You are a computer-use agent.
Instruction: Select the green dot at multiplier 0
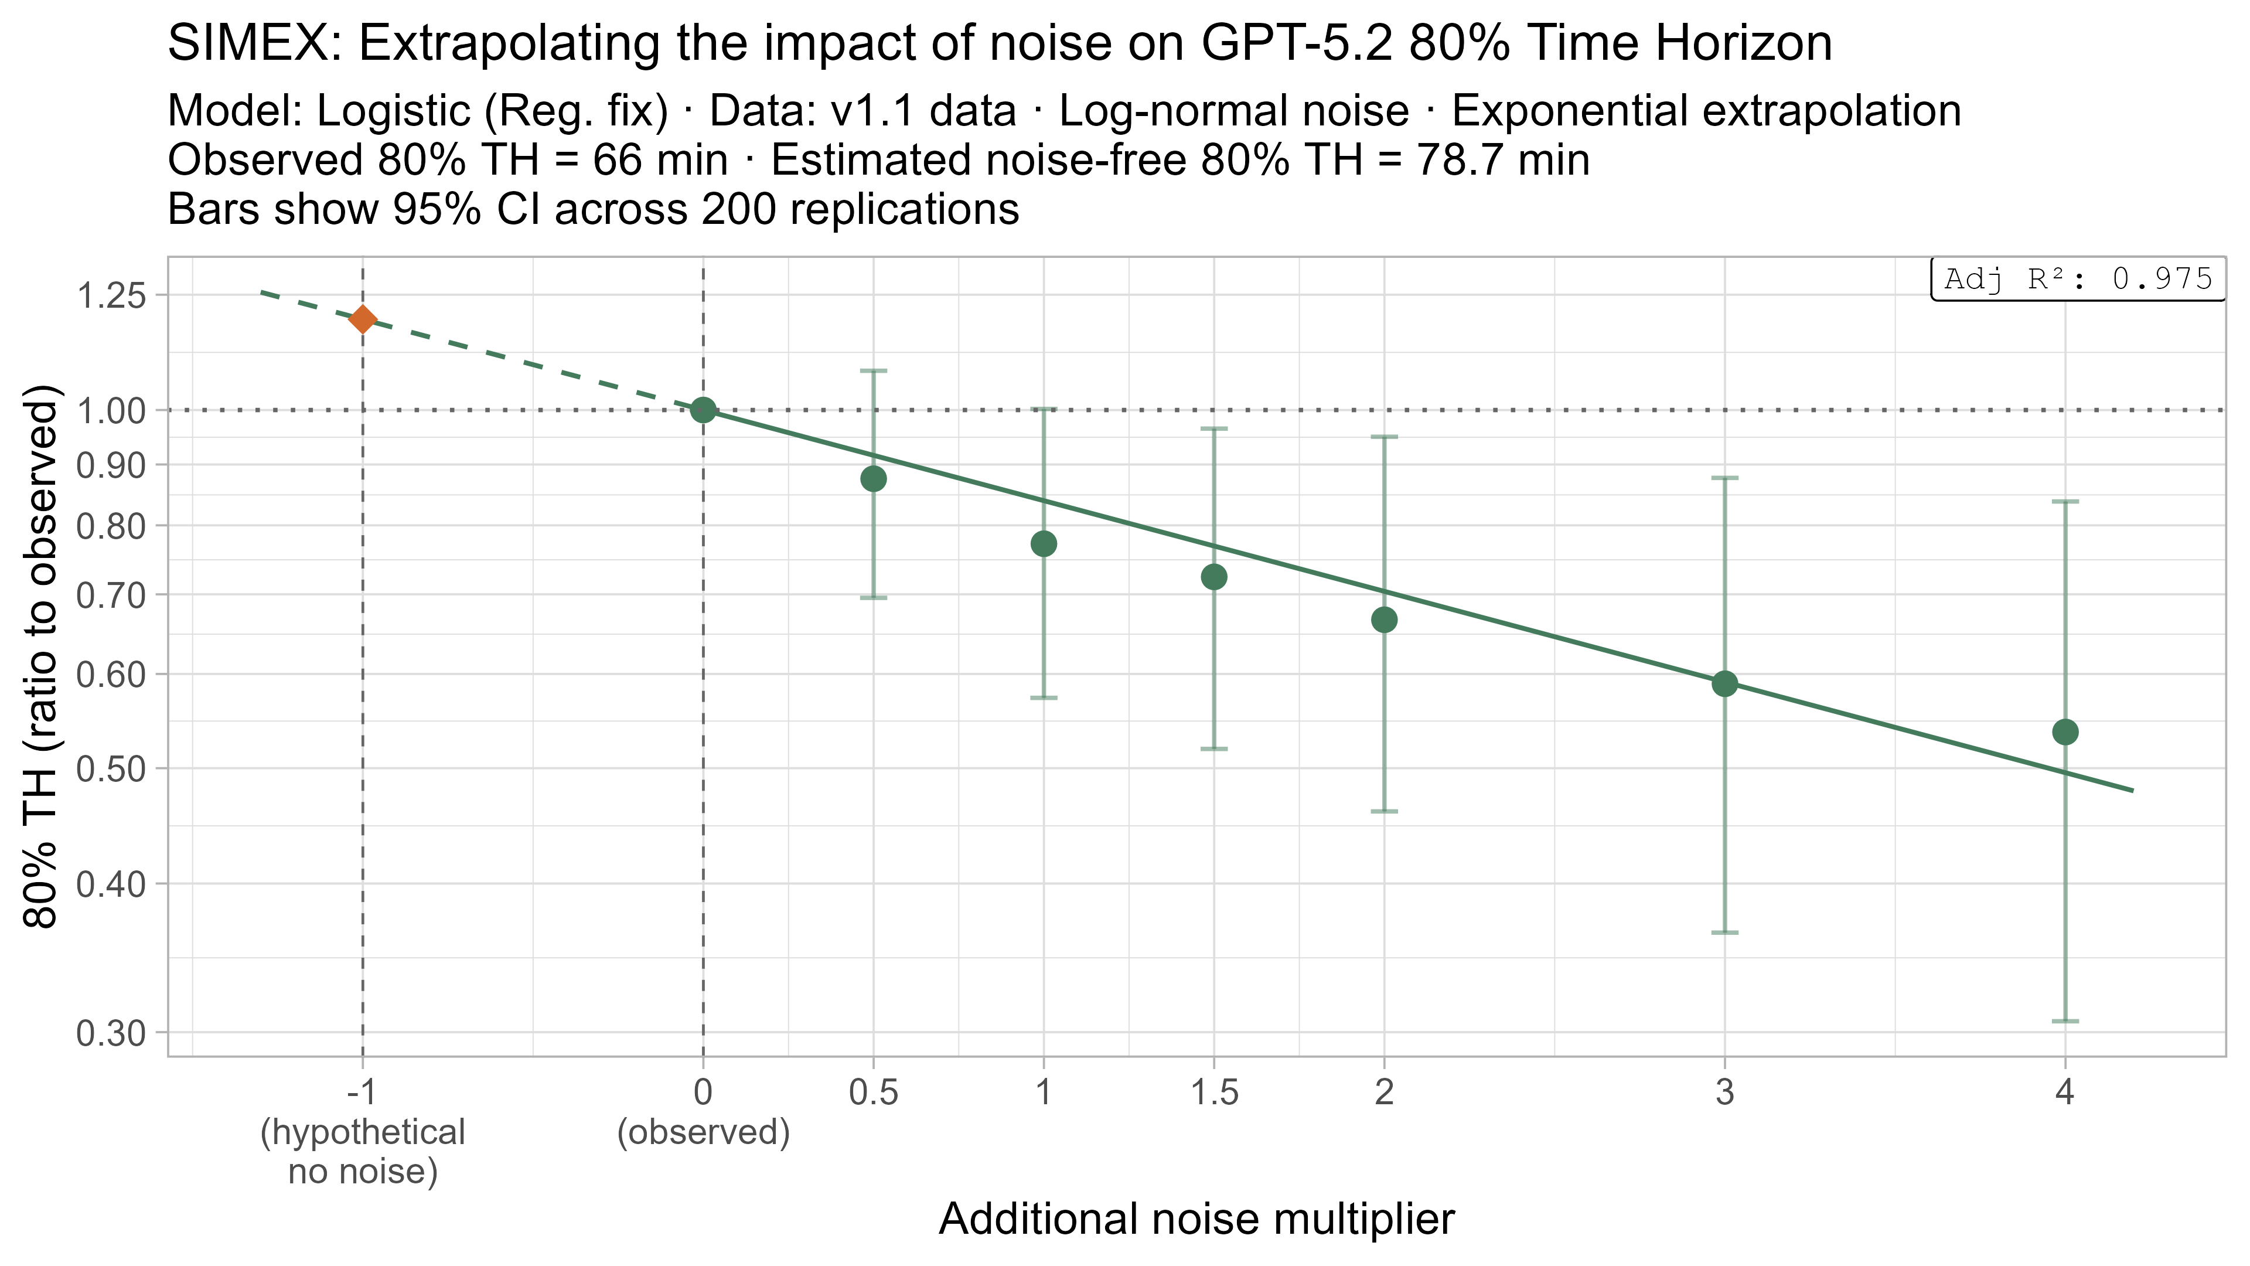click(703, 409)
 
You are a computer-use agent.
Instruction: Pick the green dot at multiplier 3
click(1724, 683)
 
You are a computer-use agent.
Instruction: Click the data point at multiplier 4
click(2065, 732)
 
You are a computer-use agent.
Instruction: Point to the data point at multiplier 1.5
click(1214, 577)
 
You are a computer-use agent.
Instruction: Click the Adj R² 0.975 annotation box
click(2078, 280)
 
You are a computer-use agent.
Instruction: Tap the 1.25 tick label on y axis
click(111, 296)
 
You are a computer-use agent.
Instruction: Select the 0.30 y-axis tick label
click(111, 1033)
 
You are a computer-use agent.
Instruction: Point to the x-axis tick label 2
click(1383, 1092)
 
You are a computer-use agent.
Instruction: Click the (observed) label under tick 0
click(703, 1132)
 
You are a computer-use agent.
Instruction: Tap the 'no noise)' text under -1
click(363, 1172)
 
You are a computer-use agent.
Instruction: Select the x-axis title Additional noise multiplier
click(1196, 1219)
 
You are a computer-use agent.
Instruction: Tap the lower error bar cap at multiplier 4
click(2065, 1020)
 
